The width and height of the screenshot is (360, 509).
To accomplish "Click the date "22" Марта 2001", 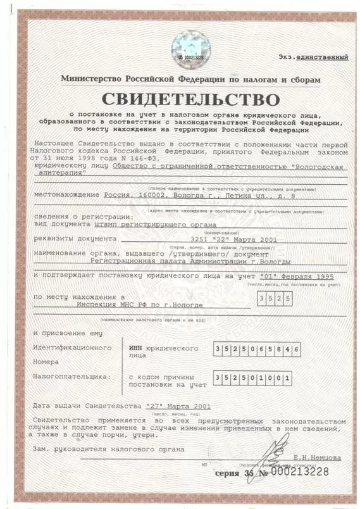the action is point(233,240).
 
